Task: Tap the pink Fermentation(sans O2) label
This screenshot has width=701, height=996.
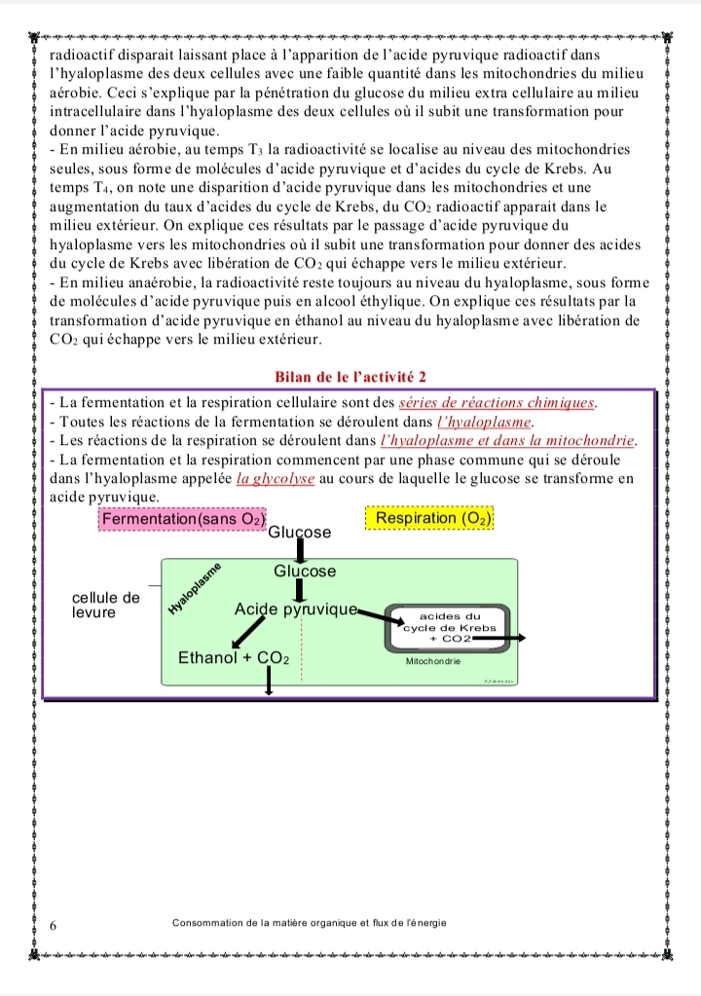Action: (182, 520)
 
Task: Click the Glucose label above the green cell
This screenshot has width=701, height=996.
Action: (299, 533)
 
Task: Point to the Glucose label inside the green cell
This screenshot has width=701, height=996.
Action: (304, 572)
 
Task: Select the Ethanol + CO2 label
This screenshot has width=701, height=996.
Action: (234, 658)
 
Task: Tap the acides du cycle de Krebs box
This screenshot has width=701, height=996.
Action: (450, 628)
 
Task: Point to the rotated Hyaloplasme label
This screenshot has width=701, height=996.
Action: (195, 589)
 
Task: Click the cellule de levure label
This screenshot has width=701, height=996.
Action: (106, 605)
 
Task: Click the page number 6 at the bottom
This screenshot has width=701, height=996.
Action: (54, 925)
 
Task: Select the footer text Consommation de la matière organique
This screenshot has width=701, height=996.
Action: (309, 922)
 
